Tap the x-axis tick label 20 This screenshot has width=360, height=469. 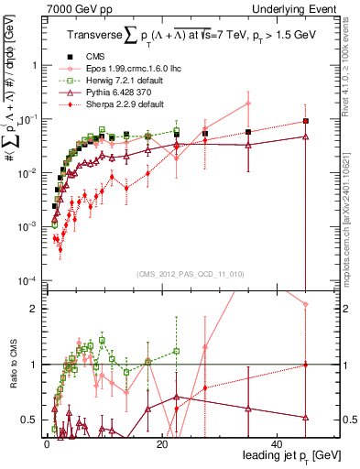click(162, 442)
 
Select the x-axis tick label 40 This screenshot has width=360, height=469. click(278, 442)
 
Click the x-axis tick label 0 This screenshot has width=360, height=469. click(47, 442)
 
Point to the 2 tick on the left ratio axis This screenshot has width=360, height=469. click(36, 309)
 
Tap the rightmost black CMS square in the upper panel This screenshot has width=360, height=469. click(306, 121)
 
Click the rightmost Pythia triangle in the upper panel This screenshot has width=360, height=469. click(306, 136)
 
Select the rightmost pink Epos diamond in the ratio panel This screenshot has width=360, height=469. click(306, 304)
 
